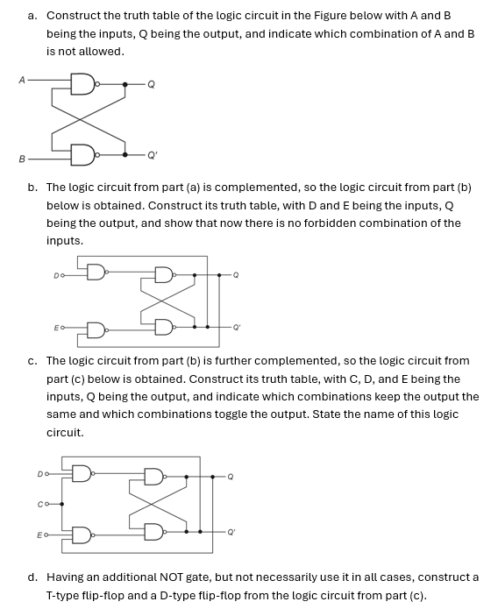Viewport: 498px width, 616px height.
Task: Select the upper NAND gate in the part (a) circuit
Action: click(x=82, y=84)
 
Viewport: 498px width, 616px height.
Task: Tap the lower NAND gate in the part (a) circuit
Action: click(x=82, y=155)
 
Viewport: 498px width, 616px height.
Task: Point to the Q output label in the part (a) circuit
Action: click(x=151, y=85)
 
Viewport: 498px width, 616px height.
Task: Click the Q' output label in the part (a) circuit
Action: click(x=153, y=155)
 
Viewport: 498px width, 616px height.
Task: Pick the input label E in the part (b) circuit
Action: click(x=56, y=329)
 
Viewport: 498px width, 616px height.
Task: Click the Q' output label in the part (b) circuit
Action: click(x=234, y=328)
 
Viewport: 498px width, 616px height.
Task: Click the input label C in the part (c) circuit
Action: click(x=40, y=504)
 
